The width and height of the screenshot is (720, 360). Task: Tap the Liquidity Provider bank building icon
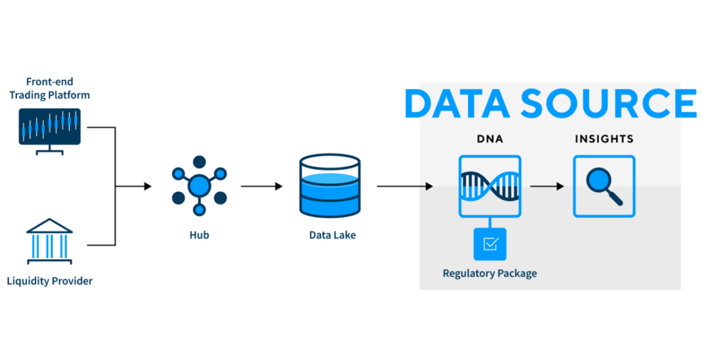coord(49,241)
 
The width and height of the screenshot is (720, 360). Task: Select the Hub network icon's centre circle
coord(199,186)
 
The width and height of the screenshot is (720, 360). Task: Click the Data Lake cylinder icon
coord(330,185)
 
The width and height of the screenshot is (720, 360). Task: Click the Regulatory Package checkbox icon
coord(490,244)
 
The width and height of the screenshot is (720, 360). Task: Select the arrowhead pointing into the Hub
coord(148,186)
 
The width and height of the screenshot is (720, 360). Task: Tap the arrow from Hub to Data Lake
coord(262,186)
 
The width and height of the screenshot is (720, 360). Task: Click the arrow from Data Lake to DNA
coord(405,186)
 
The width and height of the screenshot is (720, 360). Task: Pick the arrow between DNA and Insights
coord(547,186)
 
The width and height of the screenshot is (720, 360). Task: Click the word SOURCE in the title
coord(608,103)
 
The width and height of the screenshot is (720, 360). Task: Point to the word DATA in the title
coord(457,103)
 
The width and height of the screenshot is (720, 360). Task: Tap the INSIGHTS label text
coord(604,139)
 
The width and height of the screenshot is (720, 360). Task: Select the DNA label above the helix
coord(490,139)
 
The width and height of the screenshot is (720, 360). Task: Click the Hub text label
coord(199,235)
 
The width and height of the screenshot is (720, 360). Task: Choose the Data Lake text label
coord(332,235)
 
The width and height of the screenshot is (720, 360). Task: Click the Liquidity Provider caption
coord(49,281)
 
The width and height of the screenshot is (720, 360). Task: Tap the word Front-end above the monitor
coord(49,82)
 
